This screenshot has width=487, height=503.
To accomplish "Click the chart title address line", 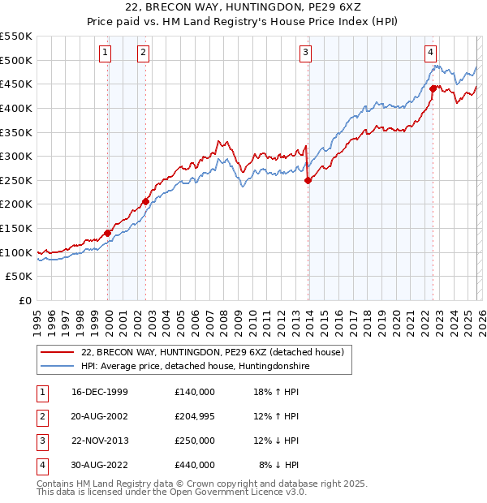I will tap(243, 8).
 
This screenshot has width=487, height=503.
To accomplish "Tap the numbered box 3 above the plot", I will tap(306, 54).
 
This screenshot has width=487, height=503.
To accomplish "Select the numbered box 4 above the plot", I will tap(430, 54).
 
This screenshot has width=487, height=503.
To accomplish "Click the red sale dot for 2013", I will tap(308, 181).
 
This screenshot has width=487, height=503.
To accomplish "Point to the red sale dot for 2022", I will tap(433, 89).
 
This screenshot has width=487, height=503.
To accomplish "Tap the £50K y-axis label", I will tap(19, 277).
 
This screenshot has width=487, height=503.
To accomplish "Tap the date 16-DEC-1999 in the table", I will tap(100, 392).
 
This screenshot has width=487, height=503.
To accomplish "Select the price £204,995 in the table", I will tap(195, 416).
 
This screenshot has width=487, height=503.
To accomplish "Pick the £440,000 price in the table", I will tap(195, 465).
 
